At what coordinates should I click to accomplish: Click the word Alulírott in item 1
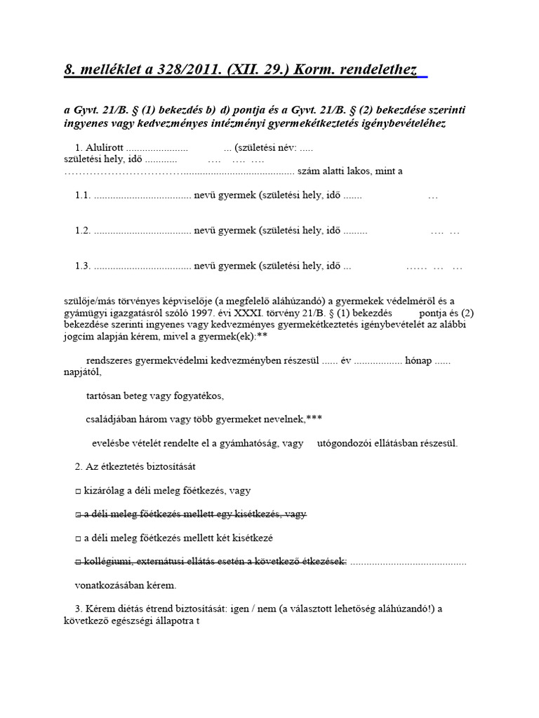click(105, 148)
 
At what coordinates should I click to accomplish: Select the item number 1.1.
click(84, 196)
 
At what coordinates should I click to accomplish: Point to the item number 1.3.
click(84, 266)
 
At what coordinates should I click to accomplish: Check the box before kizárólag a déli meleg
click(78, 491)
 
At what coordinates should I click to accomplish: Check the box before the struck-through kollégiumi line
click(78, 561)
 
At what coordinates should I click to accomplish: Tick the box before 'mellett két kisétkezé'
click(78, 538)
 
